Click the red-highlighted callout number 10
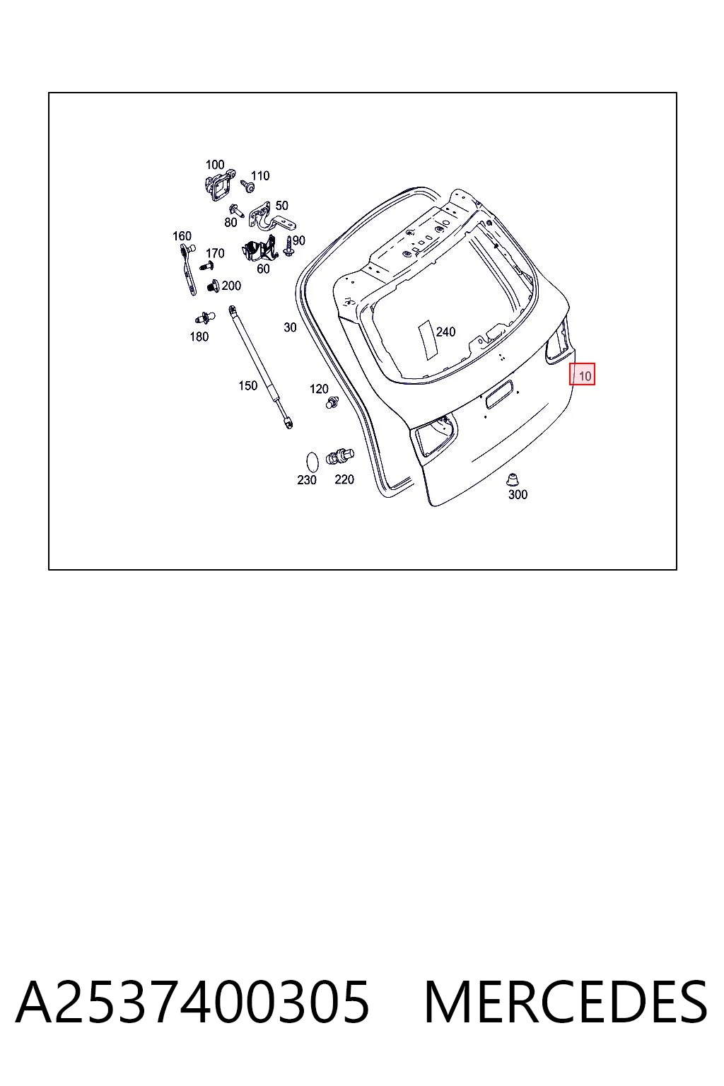[x=585, y=375]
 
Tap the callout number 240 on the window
[x=445, y=332]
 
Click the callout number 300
[x=518, y=494]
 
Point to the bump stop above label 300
[x=512, y=479]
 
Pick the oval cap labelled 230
[x=313, y=462]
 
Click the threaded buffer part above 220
[x=340, y=457]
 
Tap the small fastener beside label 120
[x=332, y=402]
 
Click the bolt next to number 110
[x=247, y=185]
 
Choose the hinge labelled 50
[x=271, y=218]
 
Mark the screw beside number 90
[x=289, y=245]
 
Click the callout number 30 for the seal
[x=290, y=328]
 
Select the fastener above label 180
[x=205, y=317]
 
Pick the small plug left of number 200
[x=214, y=286]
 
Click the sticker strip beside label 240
[x=428, y=339]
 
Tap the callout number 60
[x=263, y=268]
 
